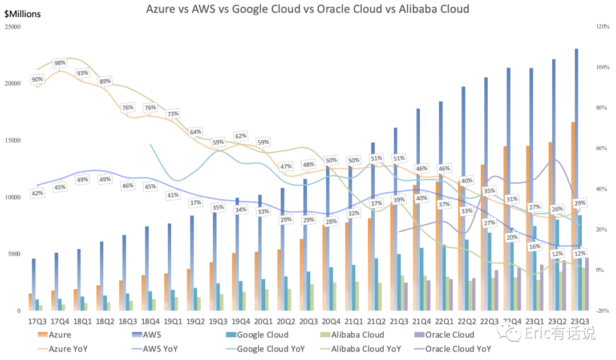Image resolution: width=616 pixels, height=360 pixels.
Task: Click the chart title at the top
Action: pos(307,9)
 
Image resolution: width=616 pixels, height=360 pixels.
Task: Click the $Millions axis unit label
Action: pos(22,14)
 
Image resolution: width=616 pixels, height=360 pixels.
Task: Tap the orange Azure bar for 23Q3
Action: pos(573,217)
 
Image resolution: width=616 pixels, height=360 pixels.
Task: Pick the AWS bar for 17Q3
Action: pos(34,285)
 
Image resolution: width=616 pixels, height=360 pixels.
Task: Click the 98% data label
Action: pos(60,63)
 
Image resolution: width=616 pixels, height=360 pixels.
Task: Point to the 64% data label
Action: pos(196,132)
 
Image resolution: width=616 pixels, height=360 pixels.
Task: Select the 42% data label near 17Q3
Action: pos(37,193)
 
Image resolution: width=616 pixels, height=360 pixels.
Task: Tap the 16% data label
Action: pos(534,247)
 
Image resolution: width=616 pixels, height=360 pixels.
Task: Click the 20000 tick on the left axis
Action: pos(13,84)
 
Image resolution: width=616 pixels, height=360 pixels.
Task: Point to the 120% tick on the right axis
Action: pos(603,27)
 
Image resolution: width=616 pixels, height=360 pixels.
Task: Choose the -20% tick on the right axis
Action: pos(603,311)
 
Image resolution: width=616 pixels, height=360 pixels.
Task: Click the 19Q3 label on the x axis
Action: pos(218,321)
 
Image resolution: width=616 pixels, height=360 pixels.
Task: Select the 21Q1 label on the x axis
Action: pos(354,321)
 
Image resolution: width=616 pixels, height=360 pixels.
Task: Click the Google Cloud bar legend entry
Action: pos(257,335)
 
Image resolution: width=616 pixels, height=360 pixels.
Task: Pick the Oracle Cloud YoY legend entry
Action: pos(453,349)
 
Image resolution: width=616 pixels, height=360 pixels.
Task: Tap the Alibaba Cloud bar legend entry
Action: pos(352,335)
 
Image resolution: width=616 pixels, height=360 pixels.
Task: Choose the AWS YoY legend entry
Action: pos(155,349)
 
